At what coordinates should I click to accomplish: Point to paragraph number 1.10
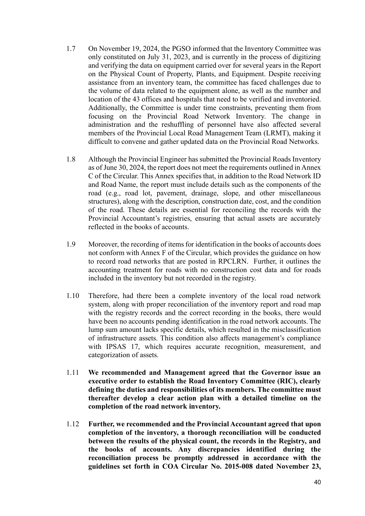coord(72,296)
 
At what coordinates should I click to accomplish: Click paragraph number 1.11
coord(72,373)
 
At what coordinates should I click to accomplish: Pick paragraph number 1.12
coord(72,424)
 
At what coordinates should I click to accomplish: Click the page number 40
coord(317,482)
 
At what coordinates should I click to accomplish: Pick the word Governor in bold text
coord(275,373)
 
